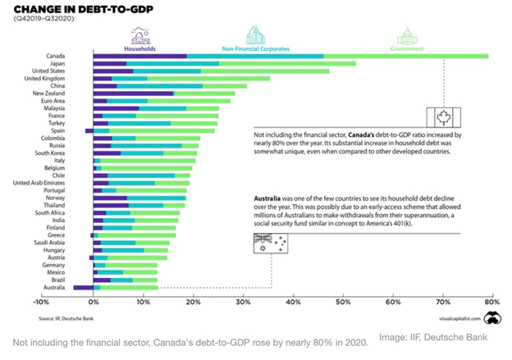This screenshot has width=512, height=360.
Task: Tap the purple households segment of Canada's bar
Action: pyautogui.click(x=140, y=56)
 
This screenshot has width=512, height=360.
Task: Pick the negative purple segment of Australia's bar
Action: pyautogui.click(x=83, y=288)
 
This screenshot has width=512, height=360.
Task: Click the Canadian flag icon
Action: pyautogui.click(x=440, y=117)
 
